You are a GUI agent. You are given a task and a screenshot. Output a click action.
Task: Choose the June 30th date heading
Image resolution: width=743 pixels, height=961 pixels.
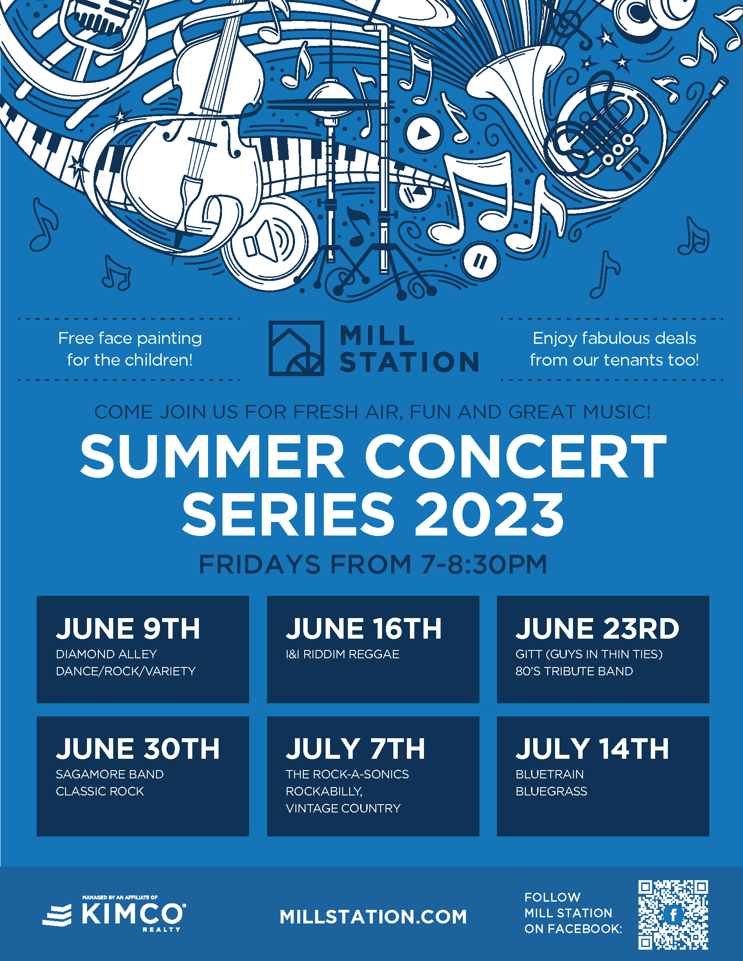click(x=138, y=749)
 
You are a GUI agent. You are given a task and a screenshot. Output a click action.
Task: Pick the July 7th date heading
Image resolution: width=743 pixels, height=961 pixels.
click(x=355, y=749)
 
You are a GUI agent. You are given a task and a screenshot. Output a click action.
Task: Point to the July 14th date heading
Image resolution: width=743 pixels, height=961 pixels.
click(x=592, y=749)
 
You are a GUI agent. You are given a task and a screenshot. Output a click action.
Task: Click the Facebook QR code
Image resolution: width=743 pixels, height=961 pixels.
click(x=673, y=915)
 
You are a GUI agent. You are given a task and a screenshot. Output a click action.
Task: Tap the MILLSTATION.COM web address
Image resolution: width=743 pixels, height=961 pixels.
click(x=373, y=917)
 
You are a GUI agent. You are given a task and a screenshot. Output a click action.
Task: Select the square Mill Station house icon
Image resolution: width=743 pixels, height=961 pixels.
click(x=296, y=349)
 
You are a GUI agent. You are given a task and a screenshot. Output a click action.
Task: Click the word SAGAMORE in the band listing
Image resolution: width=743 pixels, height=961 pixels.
click(x=82, y=774)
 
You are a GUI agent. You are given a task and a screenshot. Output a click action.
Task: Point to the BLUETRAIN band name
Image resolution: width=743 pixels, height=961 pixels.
click(x=550, y=774)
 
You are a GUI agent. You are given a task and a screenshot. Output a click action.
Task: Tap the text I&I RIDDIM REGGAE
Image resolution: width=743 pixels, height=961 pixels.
click(x=343, y=654)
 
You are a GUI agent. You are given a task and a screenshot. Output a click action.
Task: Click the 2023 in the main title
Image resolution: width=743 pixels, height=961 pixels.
click(x=489, y=515)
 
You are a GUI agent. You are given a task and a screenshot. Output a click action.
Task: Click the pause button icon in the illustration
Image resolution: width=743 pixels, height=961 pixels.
click(x=480, y=262)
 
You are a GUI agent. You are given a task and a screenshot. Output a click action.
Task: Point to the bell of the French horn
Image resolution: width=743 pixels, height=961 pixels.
click(x=515, y=70)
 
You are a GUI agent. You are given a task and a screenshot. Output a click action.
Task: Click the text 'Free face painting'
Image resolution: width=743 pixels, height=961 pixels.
click(x=130, y=339)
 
